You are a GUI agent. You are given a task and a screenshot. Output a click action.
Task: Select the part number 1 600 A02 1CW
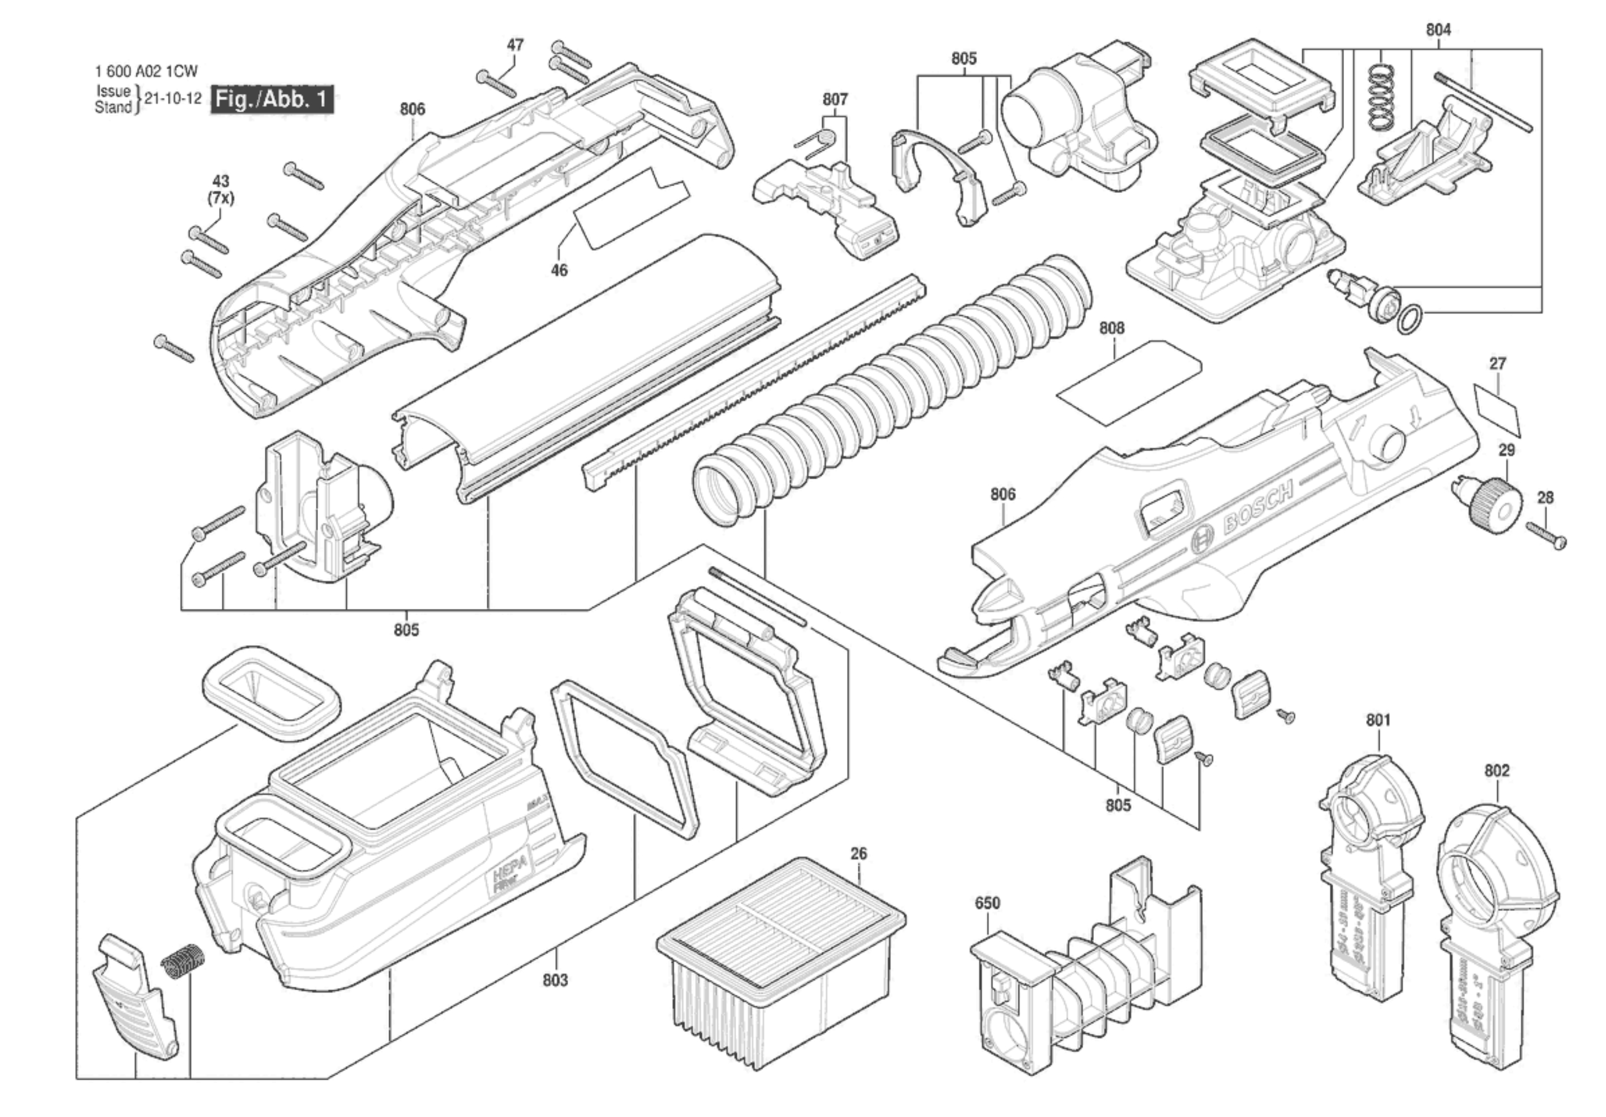pyautogui.click(x=146, y=71)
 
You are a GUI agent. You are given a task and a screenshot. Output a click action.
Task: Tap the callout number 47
pyautogui.click(x=515, y=45)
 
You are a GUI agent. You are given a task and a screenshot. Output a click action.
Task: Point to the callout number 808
pyautogui.click(x=1111, y=328)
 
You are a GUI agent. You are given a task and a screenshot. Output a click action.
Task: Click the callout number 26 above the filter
pyautogui.click(x=858, y=853)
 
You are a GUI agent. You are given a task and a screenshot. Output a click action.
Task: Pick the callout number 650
pyautogui.click(x=987, y=903)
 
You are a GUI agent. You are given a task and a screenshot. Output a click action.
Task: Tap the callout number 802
pyautogui.click(x=1497, y=770)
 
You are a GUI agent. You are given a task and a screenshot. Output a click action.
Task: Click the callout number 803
pyautogui.click(x=555, y=980)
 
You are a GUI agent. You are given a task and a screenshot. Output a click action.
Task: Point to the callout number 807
pyautogui.click(x=835, y=100)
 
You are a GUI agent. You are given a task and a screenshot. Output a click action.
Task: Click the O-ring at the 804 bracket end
pyautogui.click(x=1410, y=320)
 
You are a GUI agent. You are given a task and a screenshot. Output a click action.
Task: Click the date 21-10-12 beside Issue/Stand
pyautogui.click(x=173, y=98)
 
